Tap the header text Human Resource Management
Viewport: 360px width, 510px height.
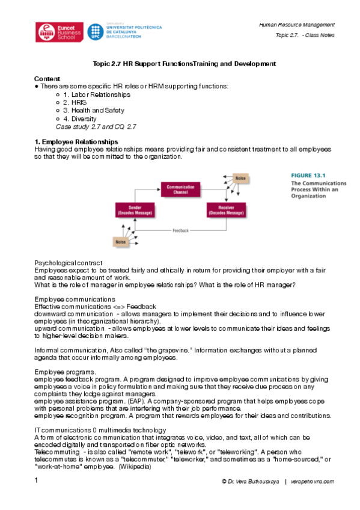[296, 25]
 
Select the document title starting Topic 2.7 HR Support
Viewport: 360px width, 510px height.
[184, 63]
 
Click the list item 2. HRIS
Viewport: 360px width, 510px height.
[75, 103]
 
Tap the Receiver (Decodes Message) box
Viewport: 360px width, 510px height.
[225, 210]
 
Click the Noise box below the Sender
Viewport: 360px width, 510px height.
[120, 241]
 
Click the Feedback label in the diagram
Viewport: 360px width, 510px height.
[180, 230]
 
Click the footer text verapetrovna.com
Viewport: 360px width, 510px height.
[313, 482]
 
